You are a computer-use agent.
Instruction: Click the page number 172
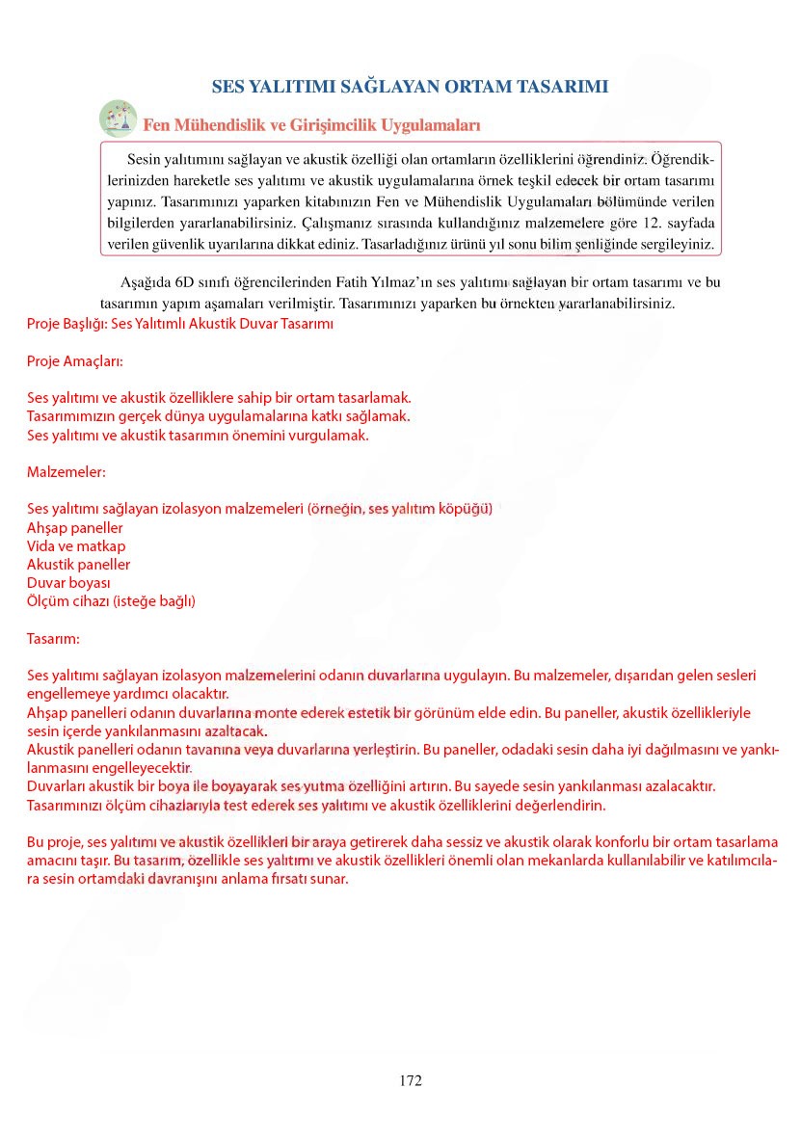point(410,1080)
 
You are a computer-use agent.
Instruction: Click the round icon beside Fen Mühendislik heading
point(118,119)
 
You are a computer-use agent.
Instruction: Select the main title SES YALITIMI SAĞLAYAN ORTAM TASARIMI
point(410,87)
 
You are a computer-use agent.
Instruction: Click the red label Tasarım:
point(54,638)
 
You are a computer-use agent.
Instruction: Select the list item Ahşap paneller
point(75,528)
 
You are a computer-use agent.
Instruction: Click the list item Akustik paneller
point(78,565)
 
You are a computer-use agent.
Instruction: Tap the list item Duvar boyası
point(68,583)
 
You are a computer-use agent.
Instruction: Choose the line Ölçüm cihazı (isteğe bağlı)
point(111,601)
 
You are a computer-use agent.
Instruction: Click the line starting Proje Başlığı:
point(179,325)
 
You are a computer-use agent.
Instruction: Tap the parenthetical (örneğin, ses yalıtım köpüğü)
point(400,509)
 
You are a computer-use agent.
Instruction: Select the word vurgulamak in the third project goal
point(334,436)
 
